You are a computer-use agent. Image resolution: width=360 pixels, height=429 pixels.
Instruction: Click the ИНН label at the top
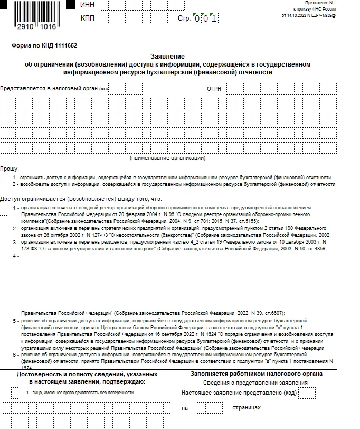click(88, 5)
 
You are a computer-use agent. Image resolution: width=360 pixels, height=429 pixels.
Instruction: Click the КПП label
click(88, 18)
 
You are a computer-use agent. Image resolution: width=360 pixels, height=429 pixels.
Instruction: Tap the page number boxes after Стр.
click(205, 19)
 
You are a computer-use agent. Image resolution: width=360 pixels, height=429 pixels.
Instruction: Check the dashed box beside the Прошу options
click(4, 180)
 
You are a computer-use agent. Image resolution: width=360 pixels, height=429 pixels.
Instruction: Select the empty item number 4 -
click(16, 256)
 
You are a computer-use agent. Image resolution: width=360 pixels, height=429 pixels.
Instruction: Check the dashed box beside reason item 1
click(4, 211)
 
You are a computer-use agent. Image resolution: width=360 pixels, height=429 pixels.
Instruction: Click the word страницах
click(247, 408)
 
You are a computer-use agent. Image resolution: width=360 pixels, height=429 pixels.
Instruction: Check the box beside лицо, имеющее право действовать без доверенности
click(15, 393)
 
